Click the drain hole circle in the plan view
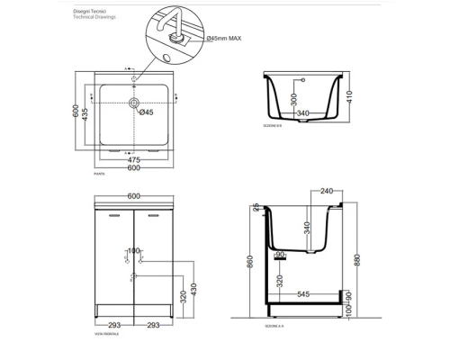(134, 105)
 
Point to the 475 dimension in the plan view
(136, 159)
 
